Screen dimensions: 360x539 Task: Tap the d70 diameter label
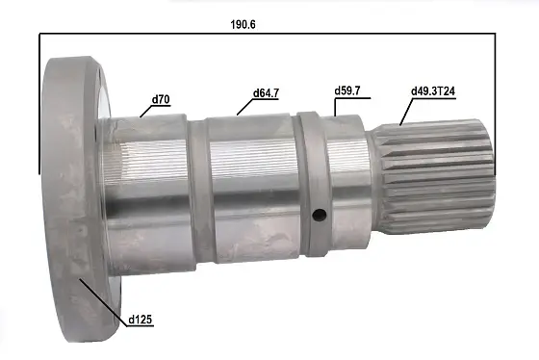pyautogui.click(x=161, y=98)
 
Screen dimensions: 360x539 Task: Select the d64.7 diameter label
pyautogui.click(x=267, y=93)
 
